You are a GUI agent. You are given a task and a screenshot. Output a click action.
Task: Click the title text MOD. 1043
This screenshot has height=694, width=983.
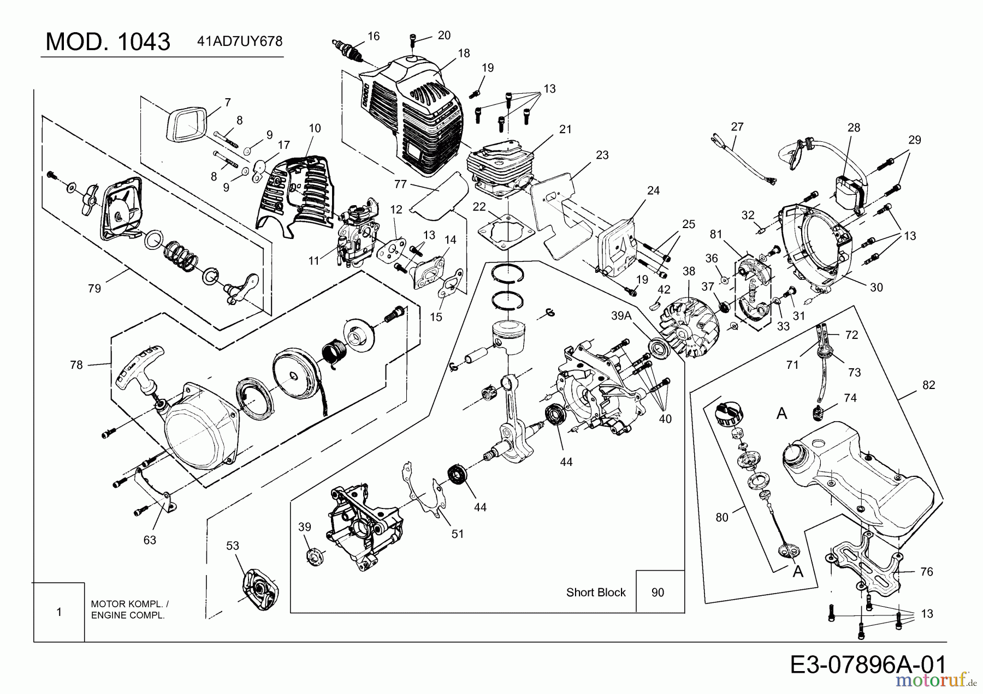point(108,41)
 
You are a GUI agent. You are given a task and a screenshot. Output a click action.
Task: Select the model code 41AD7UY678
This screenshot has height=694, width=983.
point(239,41)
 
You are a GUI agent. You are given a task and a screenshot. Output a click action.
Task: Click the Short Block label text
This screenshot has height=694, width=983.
point(596,593)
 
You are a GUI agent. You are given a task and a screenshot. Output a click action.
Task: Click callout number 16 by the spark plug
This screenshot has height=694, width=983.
point(374,36)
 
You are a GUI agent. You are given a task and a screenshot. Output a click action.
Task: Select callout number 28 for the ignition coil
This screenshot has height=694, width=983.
point(854,128)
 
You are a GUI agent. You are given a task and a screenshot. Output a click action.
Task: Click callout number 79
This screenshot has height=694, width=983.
point(94,288)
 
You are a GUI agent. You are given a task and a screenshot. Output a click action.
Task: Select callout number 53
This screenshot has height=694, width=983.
point(233,545)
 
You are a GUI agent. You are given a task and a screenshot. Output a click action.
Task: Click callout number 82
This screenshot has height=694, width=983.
point(928,385)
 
